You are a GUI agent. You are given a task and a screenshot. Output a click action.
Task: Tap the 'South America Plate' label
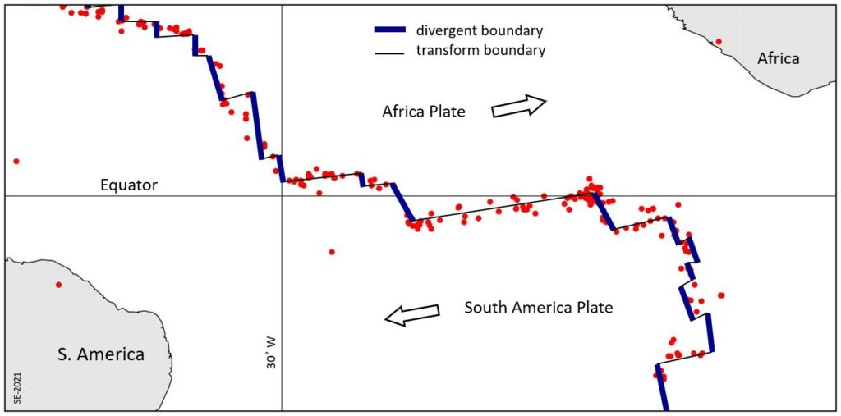click(x=538, y=309)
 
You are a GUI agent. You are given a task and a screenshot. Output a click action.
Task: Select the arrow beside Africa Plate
click(x=519, y=107)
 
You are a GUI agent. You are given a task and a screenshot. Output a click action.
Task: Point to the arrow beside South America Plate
click(x=411, y=315)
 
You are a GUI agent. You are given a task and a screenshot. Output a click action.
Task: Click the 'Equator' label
click(x=128, y=185)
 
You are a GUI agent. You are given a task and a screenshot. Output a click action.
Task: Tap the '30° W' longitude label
click(x=271, y=361)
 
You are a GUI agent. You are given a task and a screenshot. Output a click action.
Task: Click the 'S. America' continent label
click(x=101, y=354)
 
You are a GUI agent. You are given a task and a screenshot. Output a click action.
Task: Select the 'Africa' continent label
click(x=778, y=58)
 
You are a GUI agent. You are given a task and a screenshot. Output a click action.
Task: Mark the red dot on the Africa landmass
click(x=719, y=41)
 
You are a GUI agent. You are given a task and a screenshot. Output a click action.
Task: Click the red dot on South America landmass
click(x=58, y=285)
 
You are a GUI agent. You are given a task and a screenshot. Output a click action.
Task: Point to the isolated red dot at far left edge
click(x=16, y=161)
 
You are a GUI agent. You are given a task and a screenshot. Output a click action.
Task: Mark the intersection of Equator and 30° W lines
click(x=282, y=195)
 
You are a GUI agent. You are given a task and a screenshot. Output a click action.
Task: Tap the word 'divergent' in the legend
click(x=445, y=31)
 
